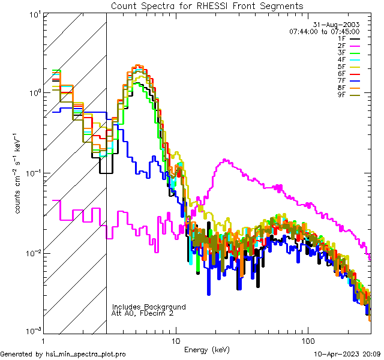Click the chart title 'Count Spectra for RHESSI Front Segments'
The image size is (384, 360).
coord(207,6)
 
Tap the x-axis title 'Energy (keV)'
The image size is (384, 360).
coord(206,350)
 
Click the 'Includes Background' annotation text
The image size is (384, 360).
coord(149,307)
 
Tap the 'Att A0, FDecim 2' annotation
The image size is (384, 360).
coord(143,313)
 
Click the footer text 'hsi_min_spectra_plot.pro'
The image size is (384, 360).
coord(86,355)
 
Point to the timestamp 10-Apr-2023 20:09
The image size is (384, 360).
coord(348,355)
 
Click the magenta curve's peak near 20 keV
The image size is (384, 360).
coord(224,160)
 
